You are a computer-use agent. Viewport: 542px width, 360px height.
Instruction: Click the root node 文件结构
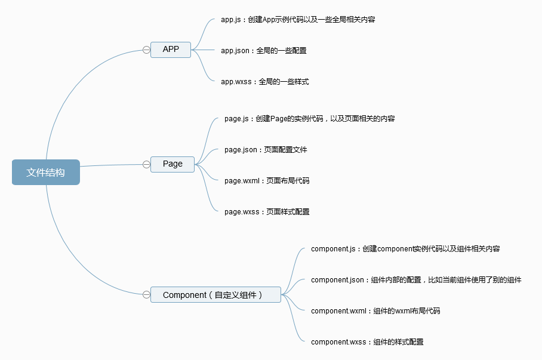pyautogui.click(x=45, y=172)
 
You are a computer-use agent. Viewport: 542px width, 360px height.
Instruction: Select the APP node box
pyautogui.click(x=171, y=50)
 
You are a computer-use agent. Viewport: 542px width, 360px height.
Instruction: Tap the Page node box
pyautogui.click(x=173, y=164)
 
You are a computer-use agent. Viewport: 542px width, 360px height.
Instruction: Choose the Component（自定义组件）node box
pyautogui.click(x=215, y=294)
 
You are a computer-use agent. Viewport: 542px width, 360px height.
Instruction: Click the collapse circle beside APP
pyautogui.click(x=146, y=50)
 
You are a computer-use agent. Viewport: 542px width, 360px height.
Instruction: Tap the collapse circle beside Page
pyautogui.click(x=146, y=164)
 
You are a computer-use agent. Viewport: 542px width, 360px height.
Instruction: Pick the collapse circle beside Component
pyautogui.click(x=146, y=294)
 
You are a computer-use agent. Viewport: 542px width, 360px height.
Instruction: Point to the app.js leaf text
pyautogui.click(x=297, y=20)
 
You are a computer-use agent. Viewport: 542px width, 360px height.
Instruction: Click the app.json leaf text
pyautogui.click(x=263, y=51)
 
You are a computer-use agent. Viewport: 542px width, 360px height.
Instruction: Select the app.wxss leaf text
pyautogui.click(x=264, y=82)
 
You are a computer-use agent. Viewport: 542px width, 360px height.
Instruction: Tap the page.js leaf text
pyautogui.click(x=309, y=119)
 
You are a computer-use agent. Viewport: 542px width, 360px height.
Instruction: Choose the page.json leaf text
pyautogui.click(x=266, y=150)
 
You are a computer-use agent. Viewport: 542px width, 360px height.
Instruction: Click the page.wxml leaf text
pyautogui.click(x=267, y=181)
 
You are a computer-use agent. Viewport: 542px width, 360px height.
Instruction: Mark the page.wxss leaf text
pyautogui.click(x=267, y=212)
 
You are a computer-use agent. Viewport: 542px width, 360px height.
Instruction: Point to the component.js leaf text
pyautogui.click(x=405, y=249)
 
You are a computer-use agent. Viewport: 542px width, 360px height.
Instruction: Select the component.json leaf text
pyautogui.click(x=415, y=280)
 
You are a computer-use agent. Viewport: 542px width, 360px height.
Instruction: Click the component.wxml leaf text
pyautogui.click(x=375, y=311)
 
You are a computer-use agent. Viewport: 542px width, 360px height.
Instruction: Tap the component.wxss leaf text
pyautogui.click(x=367, y=342)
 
